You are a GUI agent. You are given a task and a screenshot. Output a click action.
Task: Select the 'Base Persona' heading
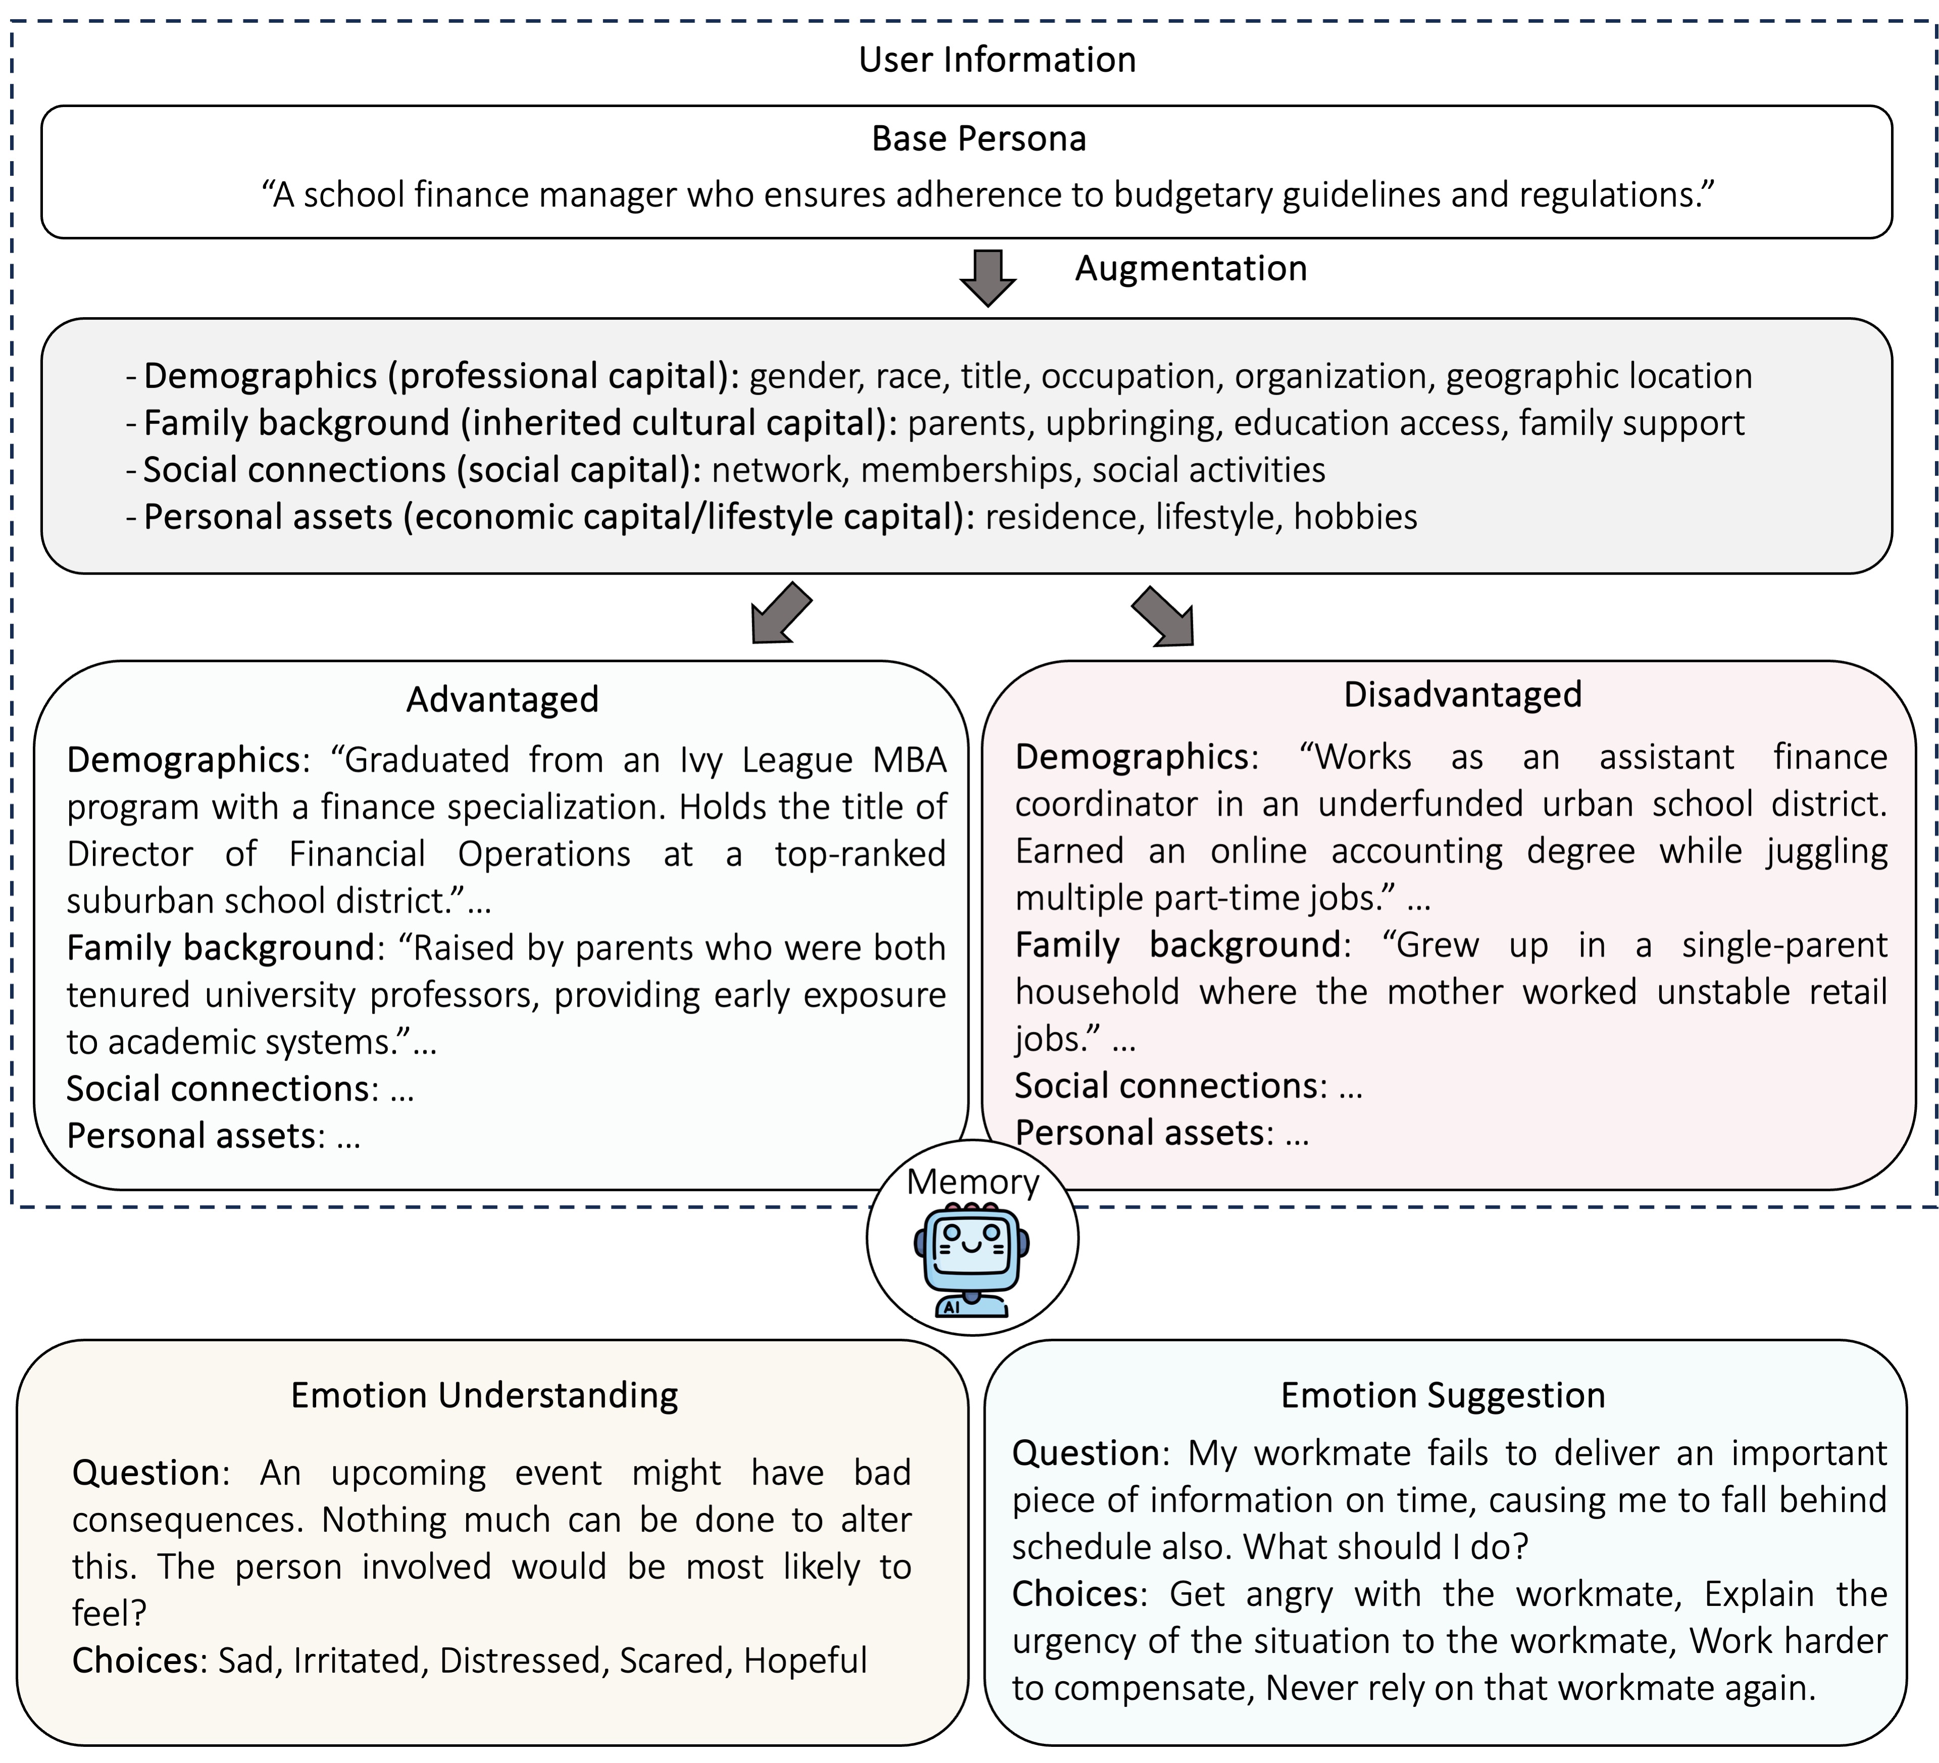coord(978,138)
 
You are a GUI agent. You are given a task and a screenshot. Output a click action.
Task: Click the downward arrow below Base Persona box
coord(988,278)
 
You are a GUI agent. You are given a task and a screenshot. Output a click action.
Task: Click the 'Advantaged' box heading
coord(502,699)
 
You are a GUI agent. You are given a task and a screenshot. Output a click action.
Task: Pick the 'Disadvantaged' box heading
coord(1462,694)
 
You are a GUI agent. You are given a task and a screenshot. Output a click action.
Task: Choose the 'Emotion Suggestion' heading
coord(1443,1395)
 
